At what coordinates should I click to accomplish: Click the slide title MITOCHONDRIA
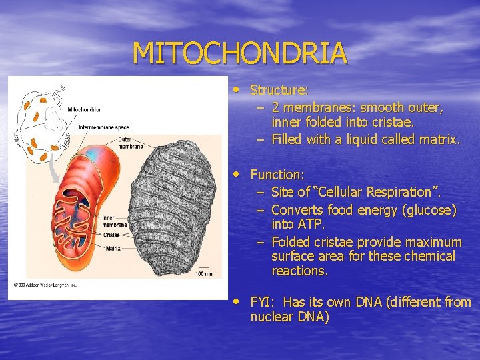(239, 53)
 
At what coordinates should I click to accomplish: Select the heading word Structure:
(279, 90)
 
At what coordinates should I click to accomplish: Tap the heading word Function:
(277, 175)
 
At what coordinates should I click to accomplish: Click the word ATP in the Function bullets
(311, 225)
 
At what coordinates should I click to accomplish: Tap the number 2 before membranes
(276, 107)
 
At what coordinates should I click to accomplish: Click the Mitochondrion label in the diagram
(85, 109)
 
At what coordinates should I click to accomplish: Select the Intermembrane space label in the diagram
(103, 127)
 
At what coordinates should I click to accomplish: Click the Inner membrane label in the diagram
(114, 221)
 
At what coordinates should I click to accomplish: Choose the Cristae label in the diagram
(111, 235)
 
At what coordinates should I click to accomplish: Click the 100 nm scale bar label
(204, 273)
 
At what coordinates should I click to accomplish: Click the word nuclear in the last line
(271, 317)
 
